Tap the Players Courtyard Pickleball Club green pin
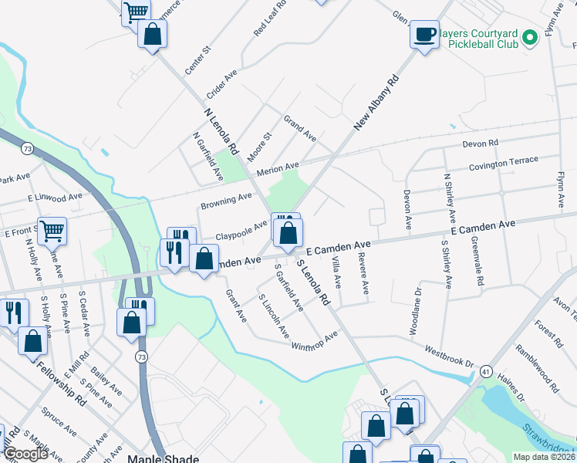pyautogui.click(x=529, y=38)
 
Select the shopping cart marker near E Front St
pyautogui.click(x=52, y=231)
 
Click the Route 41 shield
pyautogui.click(x=485, y=372)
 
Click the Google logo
pyautogui.click(x=25, y=454)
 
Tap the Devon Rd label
pyautogui.click(x=481, y=144)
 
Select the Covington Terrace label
pyautogui.click(x=503, y=163)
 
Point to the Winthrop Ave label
pyautogui.click(x=315, y=340)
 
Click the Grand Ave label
pyautogui.click(x=299, y=128)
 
